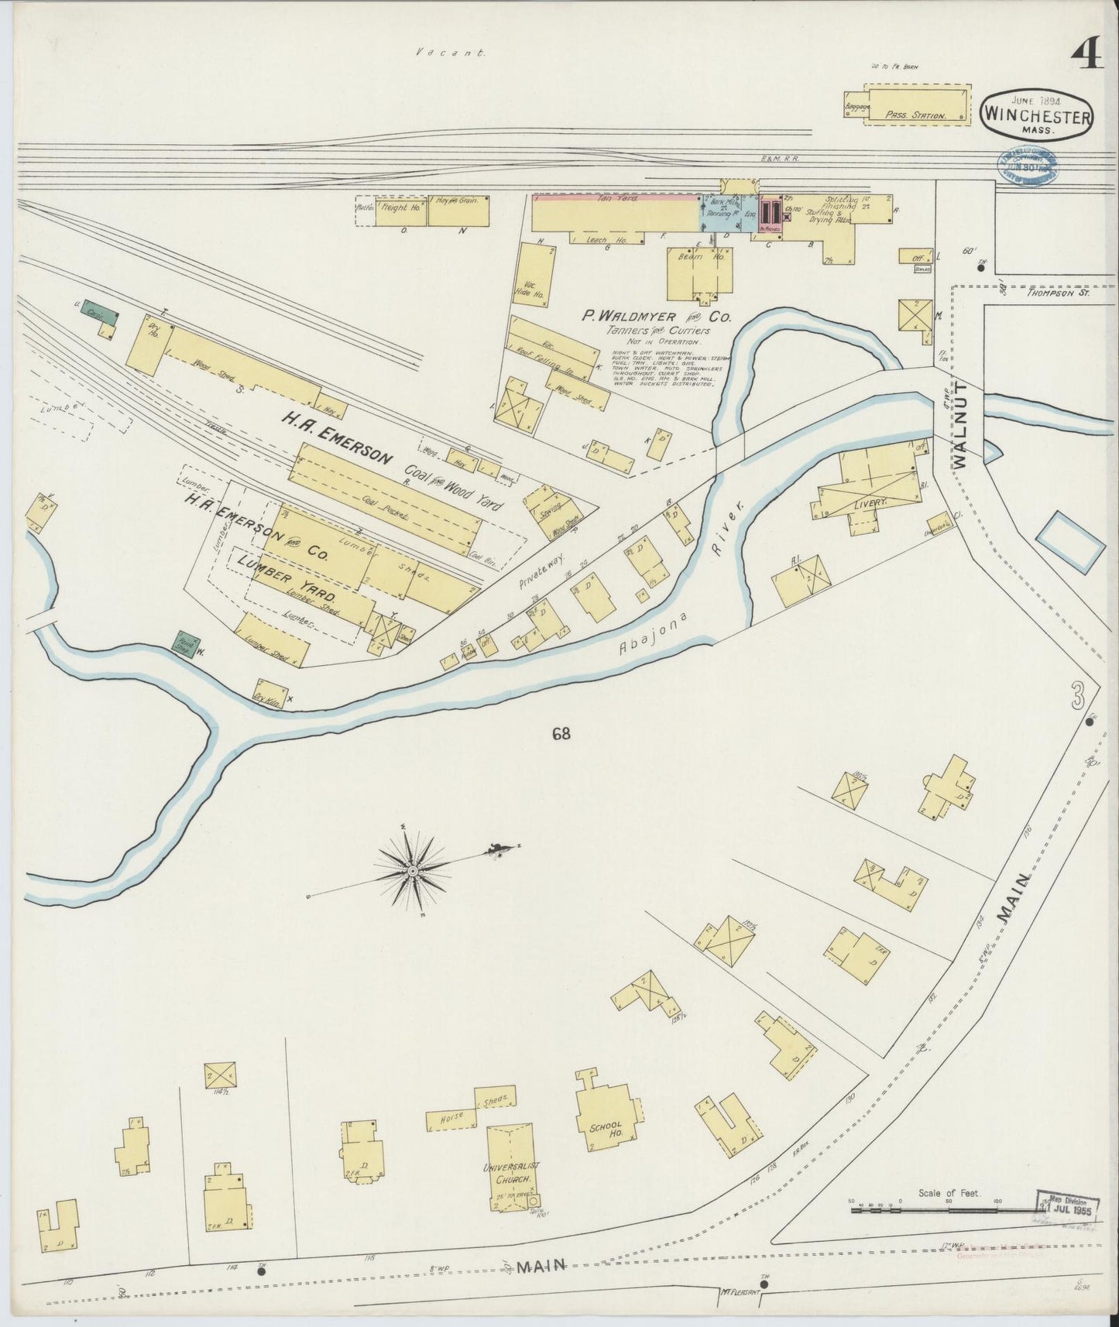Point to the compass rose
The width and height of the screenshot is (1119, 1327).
coord(412,871)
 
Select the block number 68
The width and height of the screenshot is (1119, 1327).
coord(561,733)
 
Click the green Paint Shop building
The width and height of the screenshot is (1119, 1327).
coord(185,643)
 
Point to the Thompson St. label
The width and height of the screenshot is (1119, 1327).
coord(1057,293)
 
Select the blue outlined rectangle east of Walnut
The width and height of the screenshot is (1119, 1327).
coord(1069,542)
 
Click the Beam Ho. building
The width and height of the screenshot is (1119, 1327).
coord(699,273)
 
